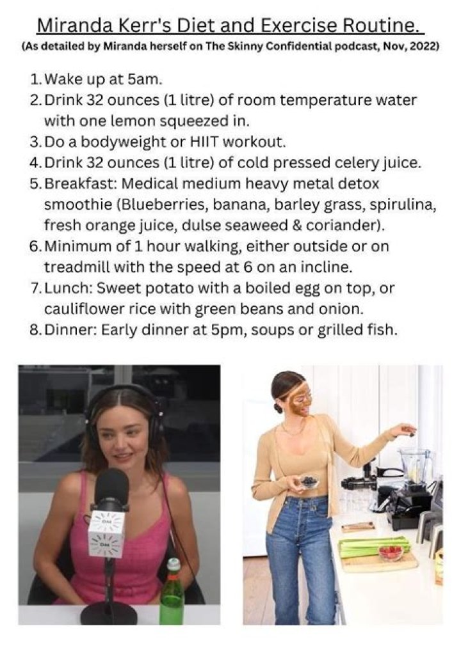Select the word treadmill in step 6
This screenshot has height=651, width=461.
[x=76, y=267]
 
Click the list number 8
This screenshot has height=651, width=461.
[x=35, y=330]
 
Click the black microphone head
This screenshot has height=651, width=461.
[x=111, y=490]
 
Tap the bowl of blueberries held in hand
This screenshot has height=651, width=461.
[x=309, y=482]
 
